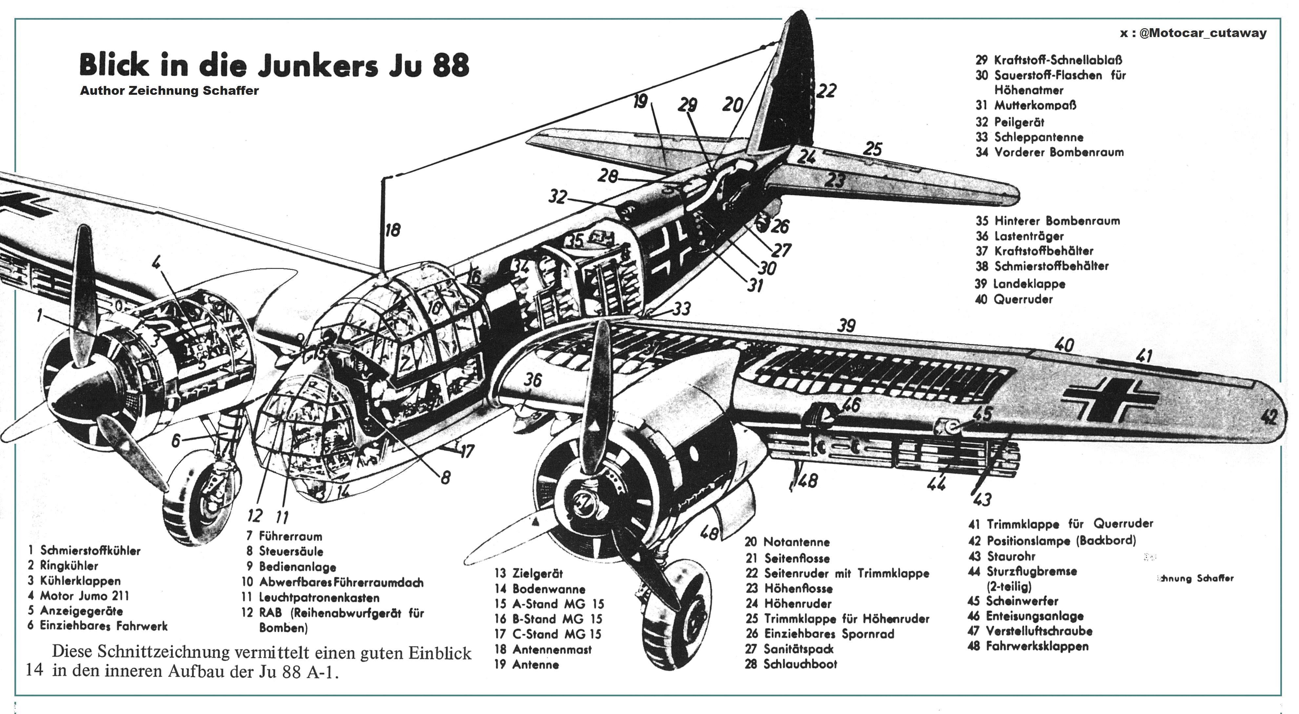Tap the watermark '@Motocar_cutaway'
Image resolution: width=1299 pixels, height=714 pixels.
[x=1202, y=33]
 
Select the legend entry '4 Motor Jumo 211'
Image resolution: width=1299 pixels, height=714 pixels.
[x=79, y=596]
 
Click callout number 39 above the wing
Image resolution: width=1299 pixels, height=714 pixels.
[x=847, y=325]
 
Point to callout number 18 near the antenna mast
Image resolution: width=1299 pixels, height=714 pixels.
[x=392, y=231]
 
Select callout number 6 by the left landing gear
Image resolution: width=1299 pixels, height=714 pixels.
[x=175, y=441]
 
